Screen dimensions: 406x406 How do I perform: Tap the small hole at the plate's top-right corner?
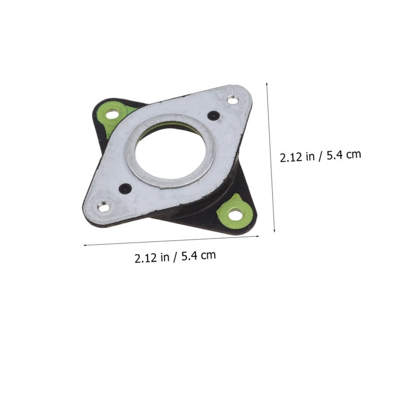click(x=232, y=100)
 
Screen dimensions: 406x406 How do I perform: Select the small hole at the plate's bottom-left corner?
click(x=104, y=207)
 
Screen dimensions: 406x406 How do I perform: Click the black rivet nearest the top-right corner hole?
click(x=214, y=116)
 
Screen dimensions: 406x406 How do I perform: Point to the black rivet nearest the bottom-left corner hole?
click(x=125, y=189)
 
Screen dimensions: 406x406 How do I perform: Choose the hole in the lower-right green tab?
click(x=235, y=215)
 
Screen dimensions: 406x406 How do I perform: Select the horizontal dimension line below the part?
click(x=173, y=241)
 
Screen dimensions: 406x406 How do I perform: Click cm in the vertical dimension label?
click(x=354, y=154)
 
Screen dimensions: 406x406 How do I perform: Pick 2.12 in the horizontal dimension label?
click(x=146, y=258)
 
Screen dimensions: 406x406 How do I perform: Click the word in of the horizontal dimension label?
click(x=165, y=257)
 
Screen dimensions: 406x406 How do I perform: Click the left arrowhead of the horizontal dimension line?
click(x=85, y=245)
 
